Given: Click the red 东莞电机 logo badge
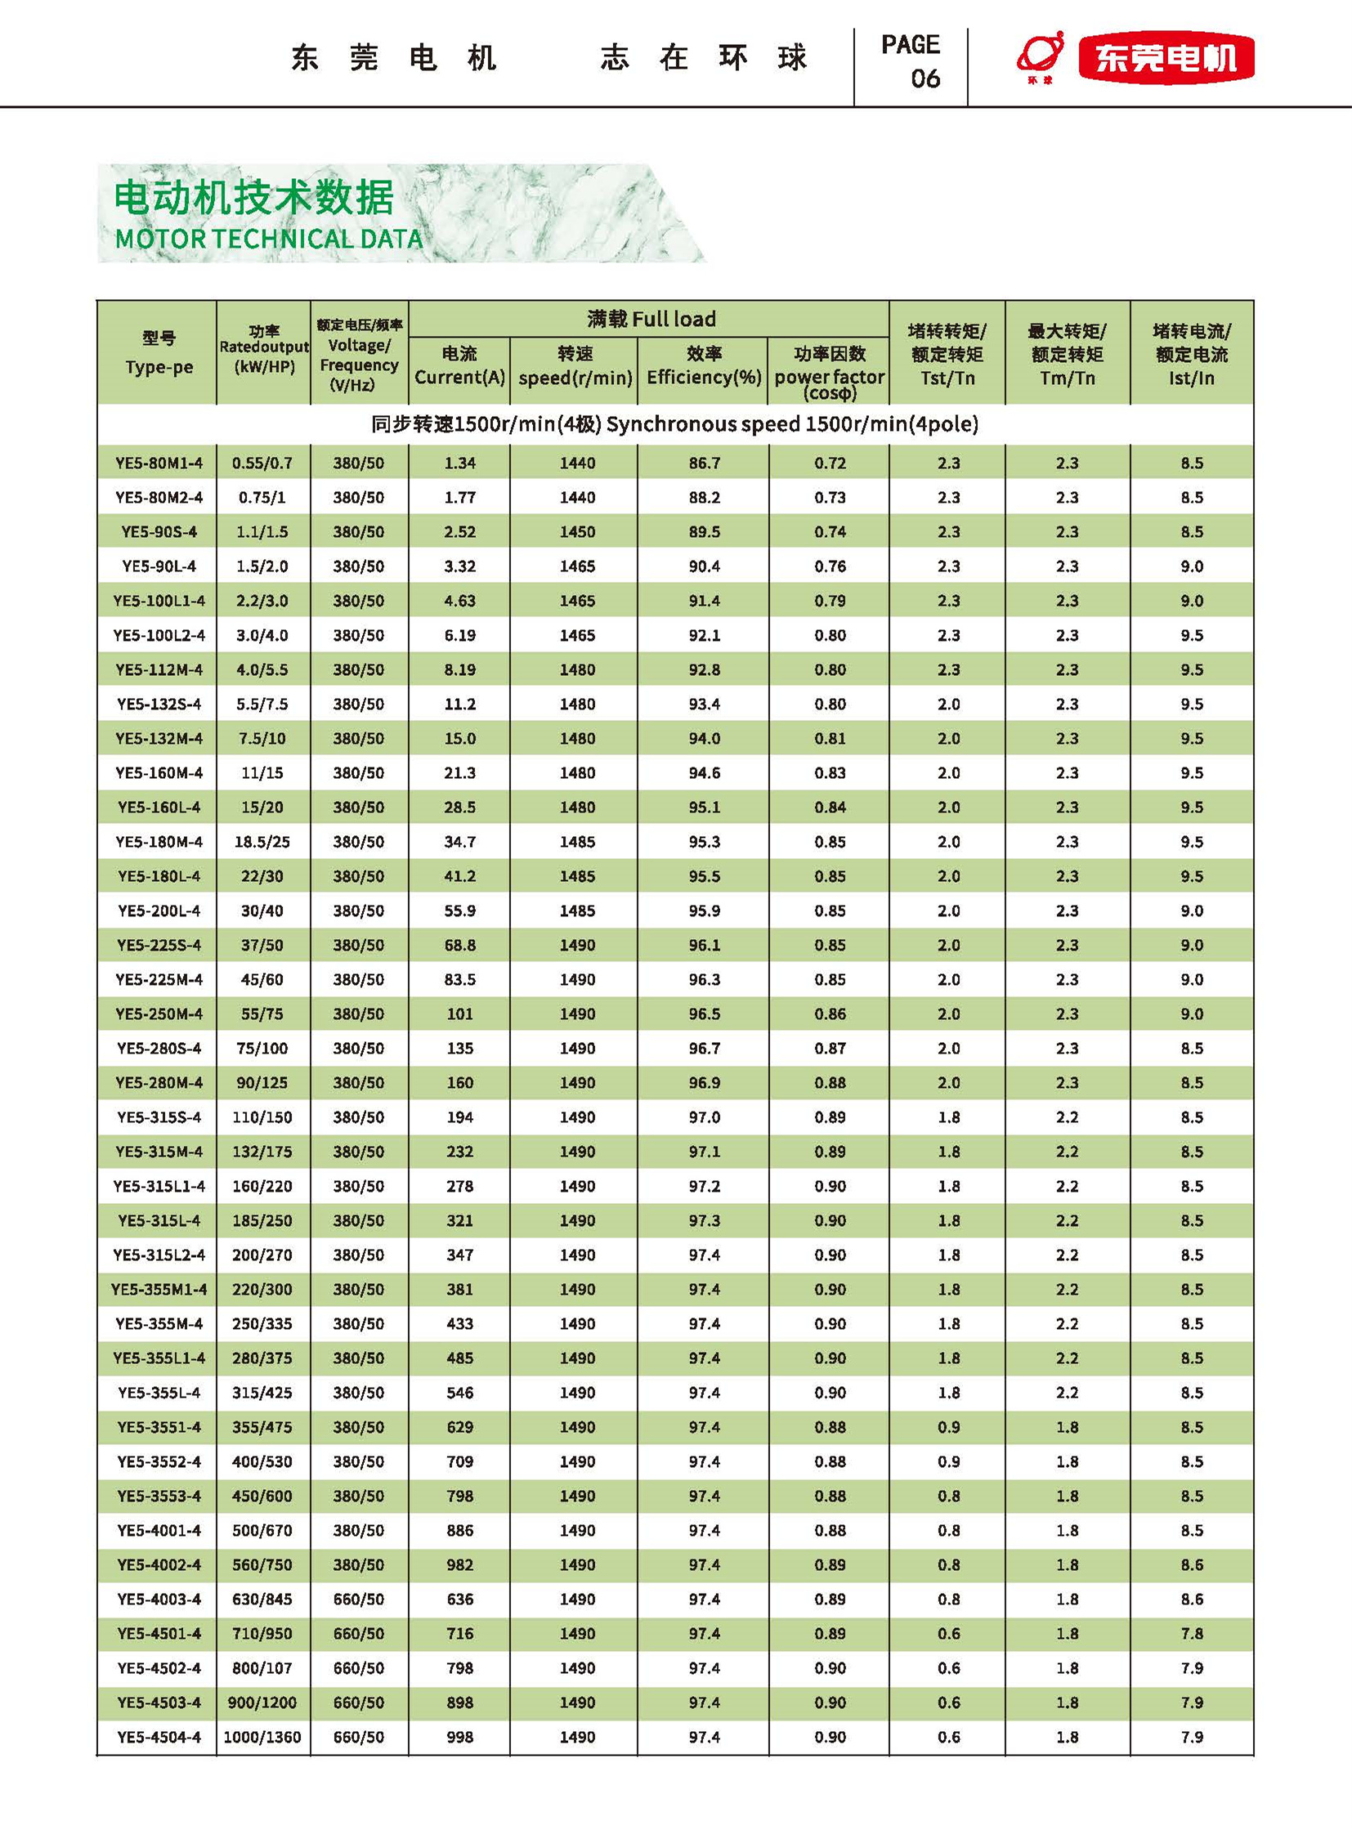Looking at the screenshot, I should pos(1166,57).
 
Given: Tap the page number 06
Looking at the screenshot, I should pos(924,78).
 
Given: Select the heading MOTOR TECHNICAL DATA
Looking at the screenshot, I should pos(269,239).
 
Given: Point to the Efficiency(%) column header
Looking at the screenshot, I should pos(704,377).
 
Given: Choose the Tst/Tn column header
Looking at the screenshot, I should pos(947,378).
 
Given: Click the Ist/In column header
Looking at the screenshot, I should pos(1192,378).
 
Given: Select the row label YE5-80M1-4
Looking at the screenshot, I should pos(159,463).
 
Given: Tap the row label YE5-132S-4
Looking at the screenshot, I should pos(159,704).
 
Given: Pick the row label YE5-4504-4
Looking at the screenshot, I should pos(159,1737).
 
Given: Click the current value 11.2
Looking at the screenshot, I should pos(460,704).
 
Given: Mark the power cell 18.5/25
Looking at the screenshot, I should pos(262,841).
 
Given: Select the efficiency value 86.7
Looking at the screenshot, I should pos(704,463).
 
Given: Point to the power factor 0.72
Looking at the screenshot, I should pos(830,463).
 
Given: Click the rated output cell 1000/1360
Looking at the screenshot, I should pos(262,1737).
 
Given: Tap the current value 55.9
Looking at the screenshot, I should pos(460,910).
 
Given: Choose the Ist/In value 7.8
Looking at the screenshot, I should pos(1192,1634).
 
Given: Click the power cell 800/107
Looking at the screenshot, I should pos(262,1668).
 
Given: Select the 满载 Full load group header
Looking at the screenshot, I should pos(651,320).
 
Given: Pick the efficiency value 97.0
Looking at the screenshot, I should pos(704,1117).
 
